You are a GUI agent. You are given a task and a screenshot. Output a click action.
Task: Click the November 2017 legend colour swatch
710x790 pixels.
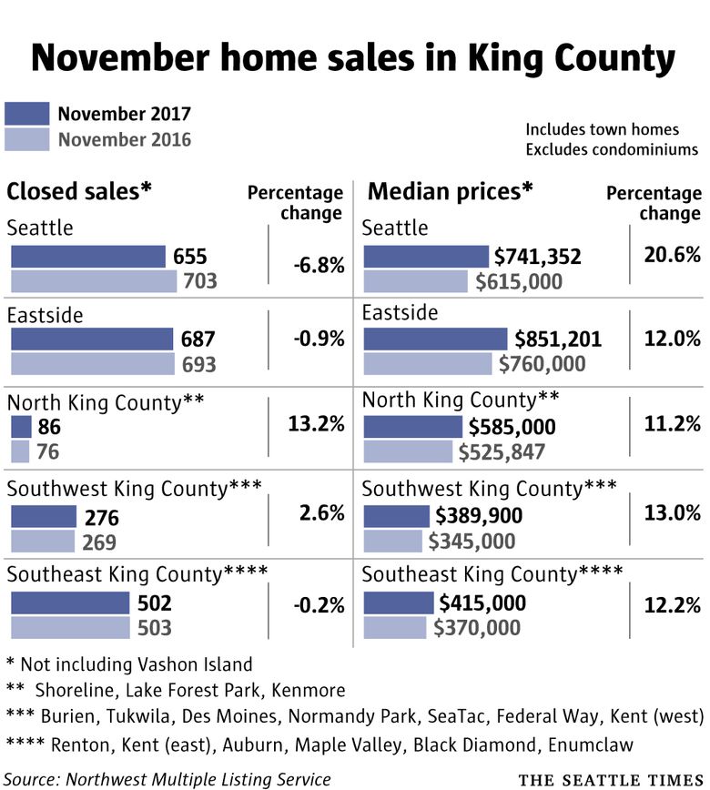(x=26, y=114)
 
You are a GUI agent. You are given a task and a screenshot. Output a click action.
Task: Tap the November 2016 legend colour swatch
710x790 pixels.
(x=26, y=139)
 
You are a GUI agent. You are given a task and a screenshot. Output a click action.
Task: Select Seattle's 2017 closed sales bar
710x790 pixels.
(x=87, y=257)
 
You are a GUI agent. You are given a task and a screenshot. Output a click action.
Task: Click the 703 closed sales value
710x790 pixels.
(x=199, y=280)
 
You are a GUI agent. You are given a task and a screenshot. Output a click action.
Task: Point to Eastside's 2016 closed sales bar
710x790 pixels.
(x=92, y=364)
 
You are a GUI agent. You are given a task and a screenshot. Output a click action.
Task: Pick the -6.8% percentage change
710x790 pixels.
(x=319, y=266)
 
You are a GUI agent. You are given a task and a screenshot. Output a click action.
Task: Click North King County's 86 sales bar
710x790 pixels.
(x=21, y=426)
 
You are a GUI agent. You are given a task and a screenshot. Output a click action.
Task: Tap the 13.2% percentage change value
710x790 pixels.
(x=319, y=423)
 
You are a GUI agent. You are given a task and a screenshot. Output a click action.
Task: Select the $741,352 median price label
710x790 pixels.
(x=537, y=258)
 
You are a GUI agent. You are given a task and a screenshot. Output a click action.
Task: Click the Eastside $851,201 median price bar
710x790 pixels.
(x=435, y=339)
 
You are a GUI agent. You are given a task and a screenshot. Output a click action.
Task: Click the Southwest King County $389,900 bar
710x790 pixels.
(x=396, y=516)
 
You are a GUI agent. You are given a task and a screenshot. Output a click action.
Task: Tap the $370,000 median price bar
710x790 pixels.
(x=394, y=627)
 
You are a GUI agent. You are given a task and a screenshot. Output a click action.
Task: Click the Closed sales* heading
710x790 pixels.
(x=79, y=191)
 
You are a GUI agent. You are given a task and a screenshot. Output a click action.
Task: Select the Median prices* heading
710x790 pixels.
(x=450, y=191)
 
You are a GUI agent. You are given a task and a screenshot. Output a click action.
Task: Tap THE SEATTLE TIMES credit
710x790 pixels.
(x=611, y=779)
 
